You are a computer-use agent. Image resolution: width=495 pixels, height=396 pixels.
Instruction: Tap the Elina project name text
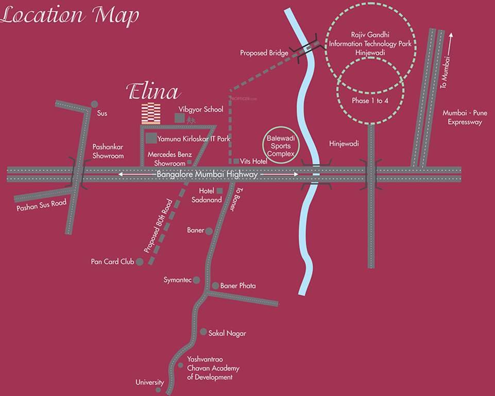(153, 92)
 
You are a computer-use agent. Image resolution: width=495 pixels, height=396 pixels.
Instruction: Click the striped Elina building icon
(151, 113)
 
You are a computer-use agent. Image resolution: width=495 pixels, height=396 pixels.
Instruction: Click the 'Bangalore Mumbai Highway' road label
(207, 175)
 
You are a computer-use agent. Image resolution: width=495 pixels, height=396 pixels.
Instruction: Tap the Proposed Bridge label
(264, 53)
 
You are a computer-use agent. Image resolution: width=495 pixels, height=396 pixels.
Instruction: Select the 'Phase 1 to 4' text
(370, 101)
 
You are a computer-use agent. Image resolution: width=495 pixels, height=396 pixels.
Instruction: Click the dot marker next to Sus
(94, 104)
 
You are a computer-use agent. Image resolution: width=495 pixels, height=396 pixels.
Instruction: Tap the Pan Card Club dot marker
(139, 262)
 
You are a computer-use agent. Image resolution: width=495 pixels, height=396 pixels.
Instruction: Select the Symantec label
(177, 280)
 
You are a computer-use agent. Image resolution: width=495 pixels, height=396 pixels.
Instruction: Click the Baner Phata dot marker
(215, 286)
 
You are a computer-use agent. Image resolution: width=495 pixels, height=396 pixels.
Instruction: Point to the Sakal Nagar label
(227, 333)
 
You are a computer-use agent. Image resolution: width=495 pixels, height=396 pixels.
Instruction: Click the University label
(149, 383)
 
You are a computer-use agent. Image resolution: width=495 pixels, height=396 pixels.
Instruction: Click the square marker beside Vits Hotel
(236, 161)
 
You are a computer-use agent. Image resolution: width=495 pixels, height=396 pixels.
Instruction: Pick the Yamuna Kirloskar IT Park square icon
(151, 138)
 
